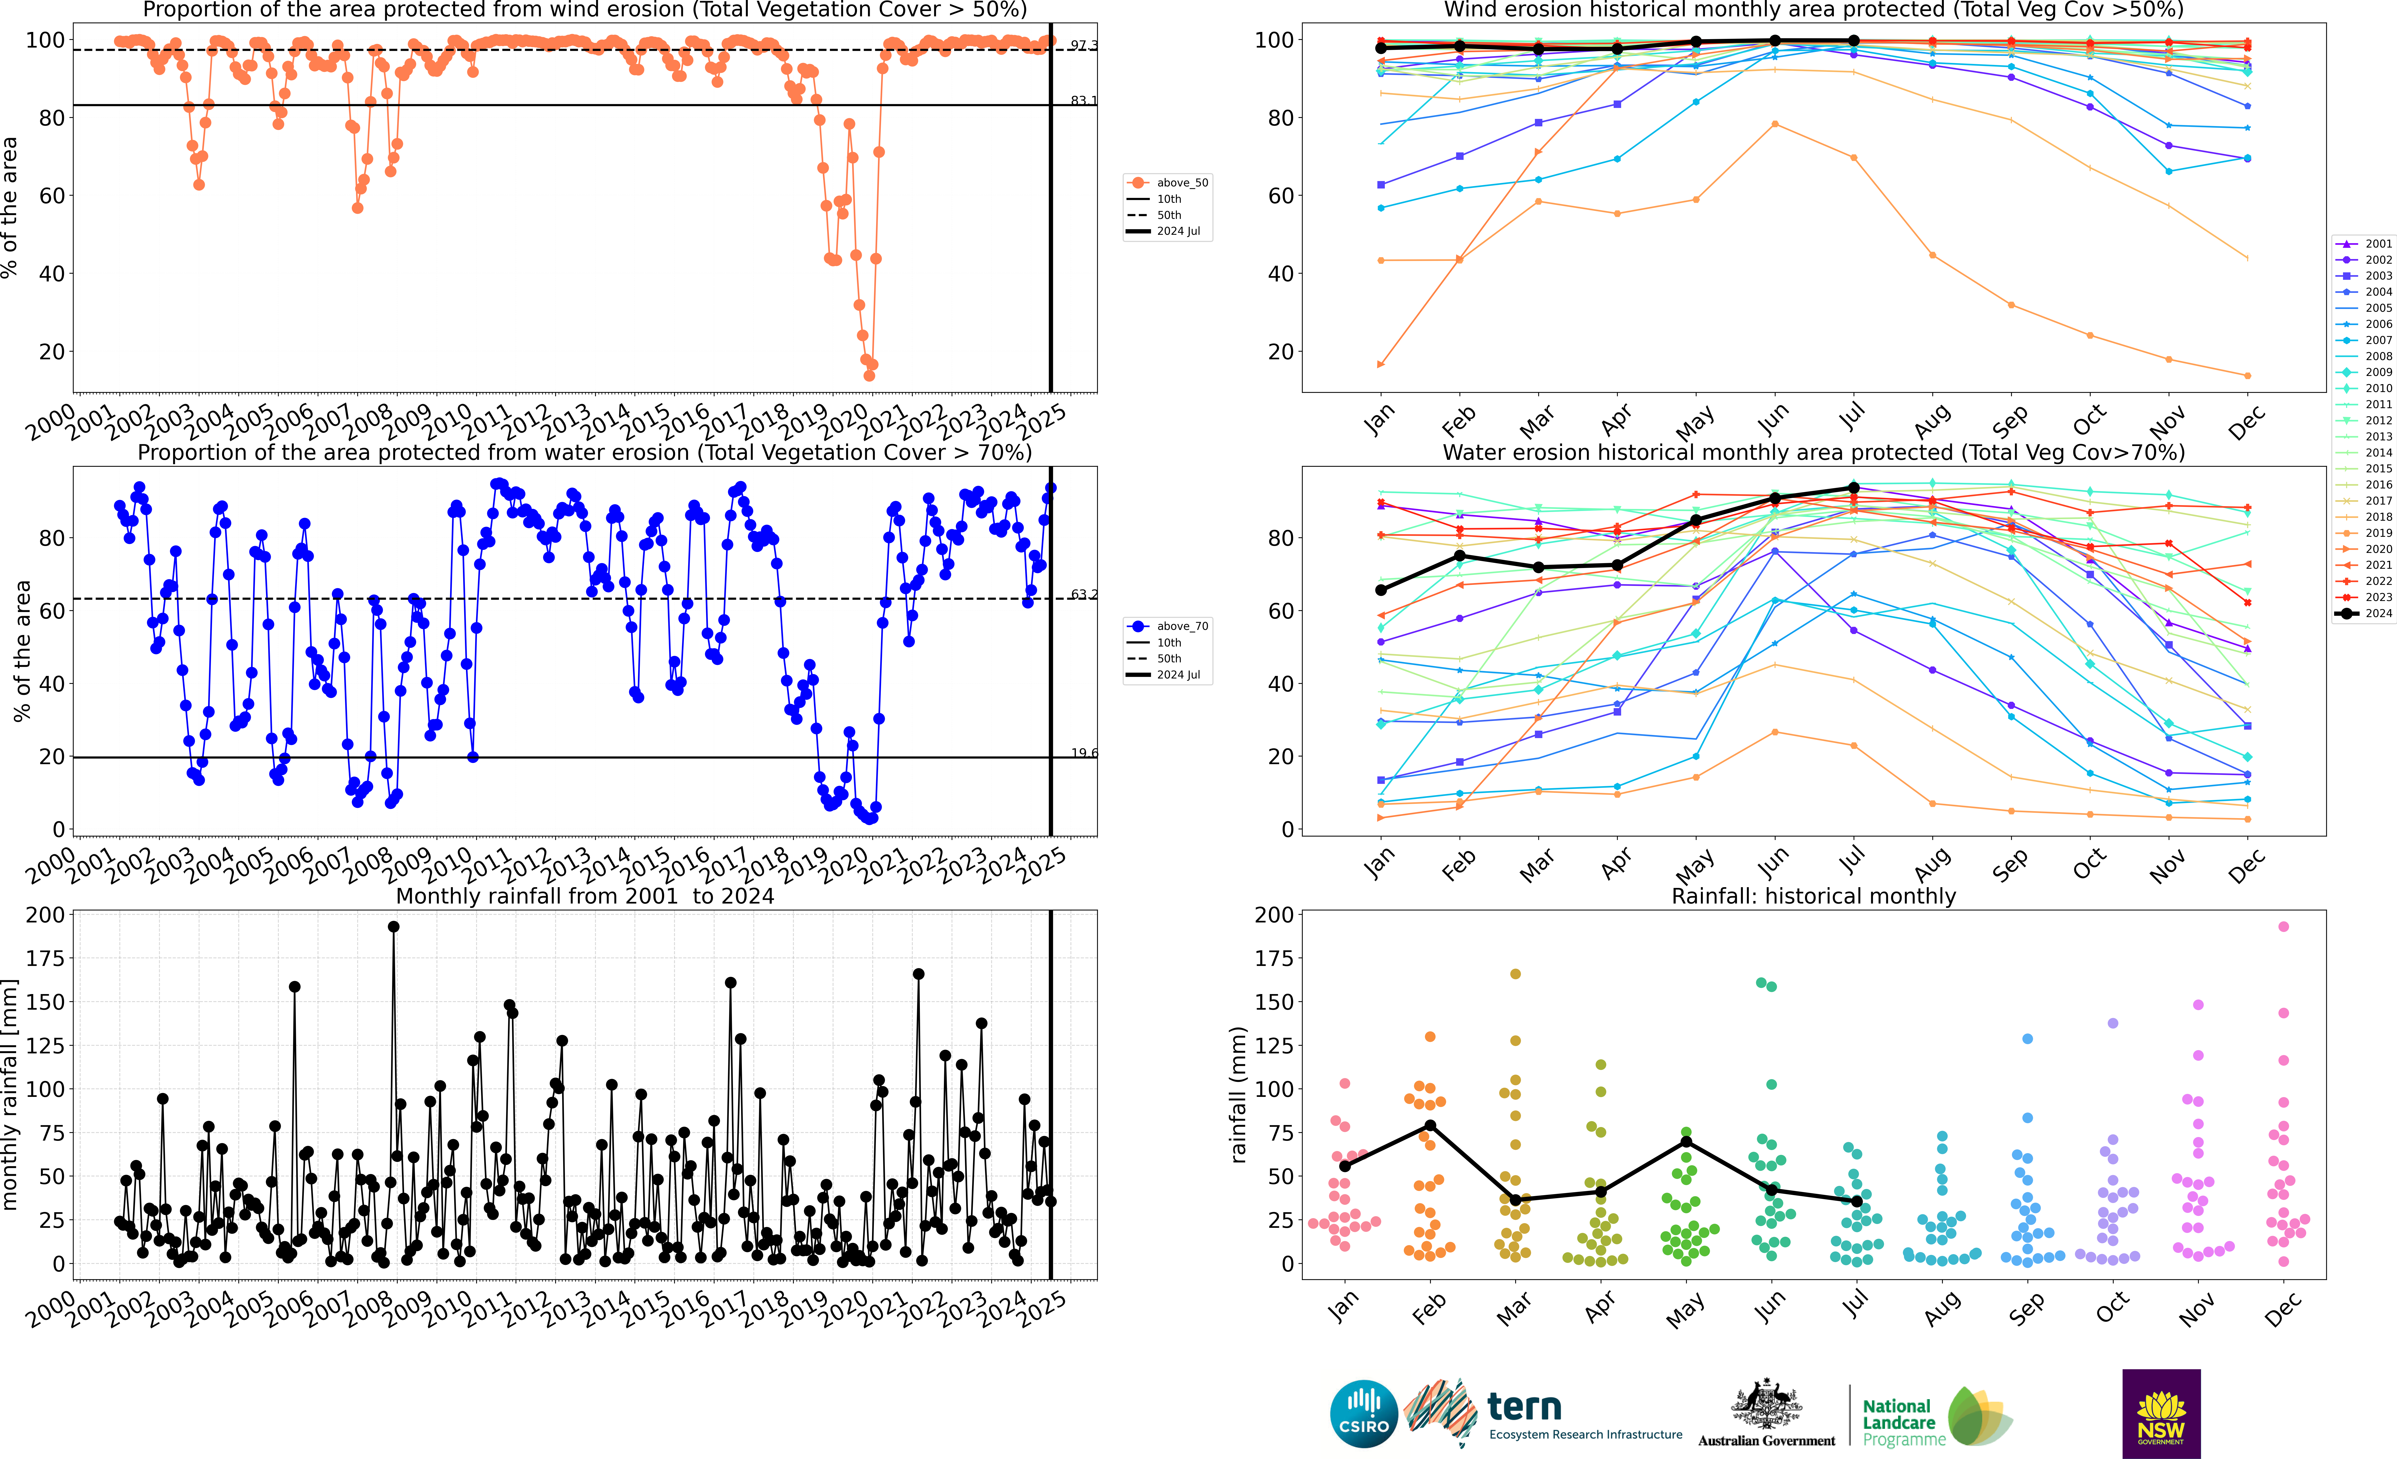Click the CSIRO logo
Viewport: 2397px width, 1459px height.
coord(1363,1413)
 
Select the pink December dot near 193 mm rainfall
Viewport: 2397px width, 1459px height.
coord(2283,927)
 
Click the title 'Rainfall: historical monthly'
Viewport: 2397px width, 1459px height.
coord(1813,896)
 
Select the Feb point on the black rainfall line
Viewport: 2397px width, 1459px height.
coord(1430,1125)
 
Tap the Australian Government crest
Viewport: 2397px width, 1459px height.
coord(1766,1404)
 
